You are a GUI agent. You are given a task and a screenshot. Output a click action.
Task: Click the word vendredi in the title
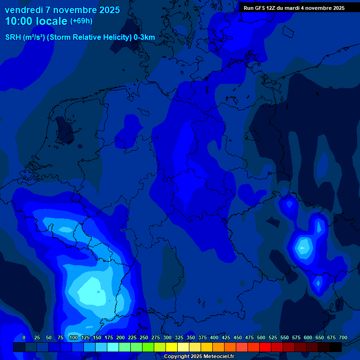point(23,10)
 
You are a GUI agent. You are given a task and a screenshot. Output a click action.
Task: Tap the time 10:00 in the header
point(19,21)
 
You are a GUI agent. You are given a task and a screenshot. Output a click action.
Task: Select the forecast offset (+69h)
point(81,21)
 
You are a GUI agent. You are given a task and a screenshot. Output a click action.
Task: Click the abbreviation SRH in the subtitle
point(13,37)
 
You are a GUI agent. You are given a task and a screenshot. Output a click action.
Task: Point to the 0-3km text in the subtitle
point(143,37)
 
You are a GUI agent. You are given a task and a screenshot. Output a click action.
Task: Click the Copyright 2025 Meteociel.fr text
point(199,357)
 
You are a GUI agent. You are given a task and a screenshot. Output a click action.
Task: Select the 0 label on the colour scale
point(24,337)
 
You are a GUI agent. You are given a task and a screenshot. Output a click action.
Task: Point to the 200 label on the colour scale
point(120,337)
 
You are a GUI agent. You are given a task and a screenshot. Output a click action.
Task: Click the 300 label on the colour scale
point(167,337)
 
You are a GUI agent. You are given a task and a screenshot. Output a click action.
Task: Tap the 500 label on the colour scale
point(261,337)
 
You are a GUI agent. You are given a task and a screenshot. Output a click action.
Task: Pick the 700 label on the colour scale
point(343,337)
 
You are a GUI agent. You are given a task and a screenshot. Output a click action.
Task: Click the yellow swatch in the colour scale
point(172,347)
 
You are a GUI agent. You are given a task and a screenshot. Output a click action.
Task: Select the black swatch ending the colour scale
point(336,347)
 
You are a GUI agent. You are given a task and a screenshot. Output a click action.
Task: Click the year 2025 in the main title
point(109,10)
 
